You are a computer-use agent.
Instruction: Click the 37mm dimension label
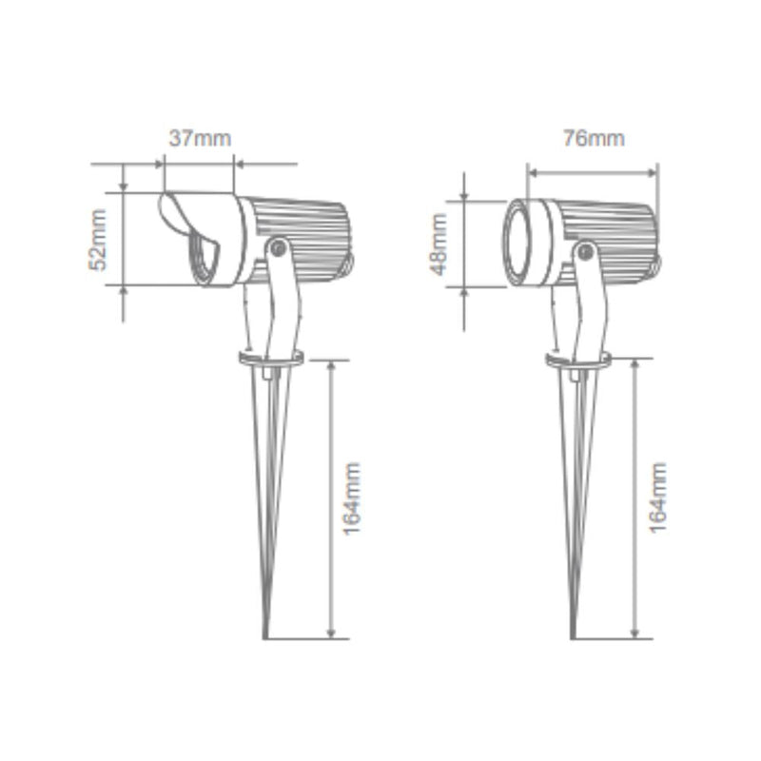pos(200,137)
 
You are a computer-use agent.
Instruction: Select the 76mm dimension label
pos(593,138)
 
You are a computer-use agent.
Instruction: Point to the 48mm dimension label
pos(439,244)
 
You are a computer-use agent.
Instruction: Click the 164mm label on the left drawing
pos(353,498)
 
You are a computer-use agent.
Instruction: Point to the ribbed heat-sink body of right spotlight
pos(614,233)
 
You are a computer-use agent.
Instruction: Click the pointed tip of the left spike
pos(267,635)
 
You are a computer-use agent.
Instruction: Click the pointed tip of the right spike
pos(575,635)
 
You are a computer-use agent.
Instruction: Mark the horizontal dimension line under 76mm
pos(593,172)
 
